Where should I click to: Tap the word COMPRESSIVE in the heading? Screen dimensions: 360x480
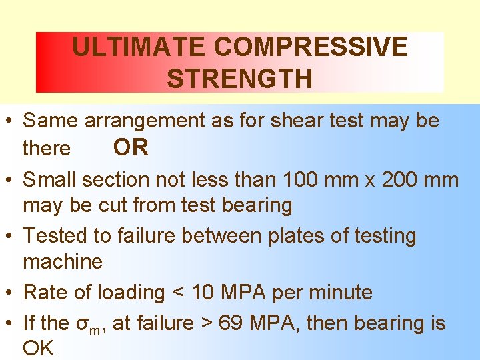[311, 47]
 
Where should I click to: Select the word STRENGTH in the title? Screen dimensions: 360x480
[239, 79]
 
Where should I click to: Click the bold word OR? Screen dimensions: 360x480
[131, 147]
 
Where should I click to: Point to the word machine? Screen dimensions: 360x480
[63, 261]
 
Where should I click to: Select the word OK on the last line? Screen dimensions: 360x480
[38, 349]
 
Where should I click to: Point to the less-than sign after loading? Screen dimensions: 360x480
[177, 293]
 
